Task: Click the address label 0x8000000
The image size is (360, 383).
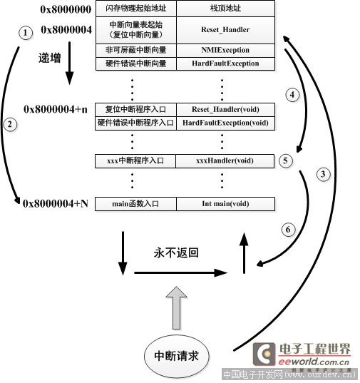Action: coord(66,9)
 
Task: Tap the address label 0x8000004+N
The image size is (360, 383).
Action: coord(56,203)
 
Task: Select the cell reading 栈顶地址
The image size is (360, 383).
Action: coord(225,9)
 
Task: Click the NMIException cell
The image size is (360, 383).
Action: coord(225,51)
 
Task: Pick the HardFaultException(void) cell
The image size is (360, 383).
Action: coord(225,123)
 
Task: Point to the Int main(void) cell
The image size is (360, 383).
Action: coord(225,204)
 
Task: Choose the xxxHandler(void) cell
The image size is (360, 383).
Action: coord(225,160)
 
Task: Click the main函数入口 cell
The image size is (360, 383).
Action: coord(135,204)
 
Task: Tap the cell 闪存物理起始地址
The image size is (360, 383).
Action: coord(136,9)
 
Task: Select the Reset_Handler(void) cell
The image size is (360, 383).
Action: coord(225,109)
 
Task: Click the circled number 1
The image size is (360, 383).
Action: coord(26,33)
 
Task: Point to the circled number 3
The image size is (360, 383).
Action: coord(323,174)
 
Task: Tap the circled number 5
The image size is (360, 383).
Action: coord(285,160)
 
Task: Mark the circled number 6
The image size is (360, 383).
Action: coord(288,230)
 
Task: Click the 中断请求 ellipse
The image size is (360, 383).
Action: coord(177,356)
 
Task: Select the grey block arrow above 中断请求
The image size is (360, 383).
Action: coord(176,308)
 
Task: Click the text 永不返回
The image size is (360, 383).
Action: coord(176,252)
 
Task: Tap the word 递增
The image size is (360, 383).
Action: coord(50,58)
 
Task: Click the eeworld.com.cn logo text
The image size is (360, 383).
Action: coord(314,362)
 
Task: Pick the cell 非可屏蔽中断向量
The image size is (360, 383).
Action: coord(136,51)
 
